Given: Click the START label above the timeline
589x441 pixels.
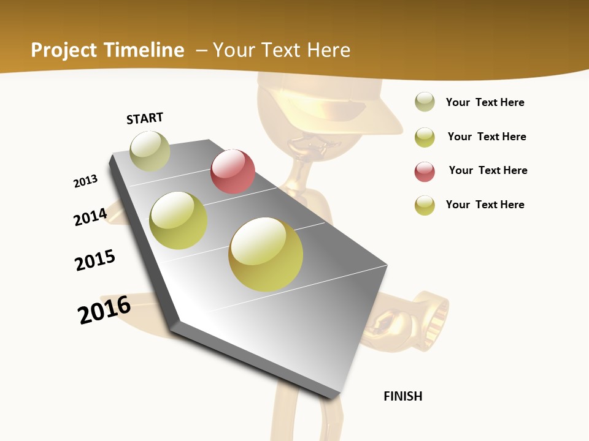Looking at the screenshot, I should coord(145,118).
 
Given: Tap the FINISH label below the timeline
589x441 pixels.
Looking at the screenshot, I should coord(403,396).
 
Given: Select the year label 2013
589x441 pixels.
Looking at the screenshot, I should coord(85,181).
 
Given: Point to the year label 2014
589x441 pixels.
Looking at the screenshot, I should coord(90,217).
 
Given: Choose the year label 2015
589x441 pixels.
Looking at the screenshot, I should coord(95,260).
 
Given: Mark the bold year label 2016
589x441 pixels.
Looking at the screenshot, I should coord(104,310).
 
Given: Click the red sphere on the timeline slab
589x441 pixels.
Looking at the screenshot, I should coord(233,171).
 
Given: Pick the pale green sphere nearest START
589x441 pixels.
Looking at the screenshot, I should coord(150,151).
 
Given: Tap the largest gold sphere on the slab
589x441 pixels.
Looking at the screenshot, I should coord(266,254).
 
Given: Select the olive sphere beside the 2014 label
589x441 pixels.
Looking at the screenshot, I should coord(179,221).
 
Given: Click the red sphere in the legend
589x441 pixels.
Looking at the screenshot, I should coord(425,171).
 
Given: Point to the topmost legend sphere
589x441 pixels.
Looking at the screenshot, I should coord(425,102).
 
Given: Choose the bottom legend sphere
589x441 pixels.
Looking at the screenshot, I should coord(425,205).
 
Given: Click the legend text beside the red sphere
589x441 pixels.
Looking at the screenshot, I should coord(488,170).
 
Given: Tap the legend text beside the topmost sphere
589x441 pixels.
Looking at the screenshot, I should coord(485,102).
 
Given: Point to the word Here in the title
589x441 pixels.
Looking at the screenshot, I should coord(328,50).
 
